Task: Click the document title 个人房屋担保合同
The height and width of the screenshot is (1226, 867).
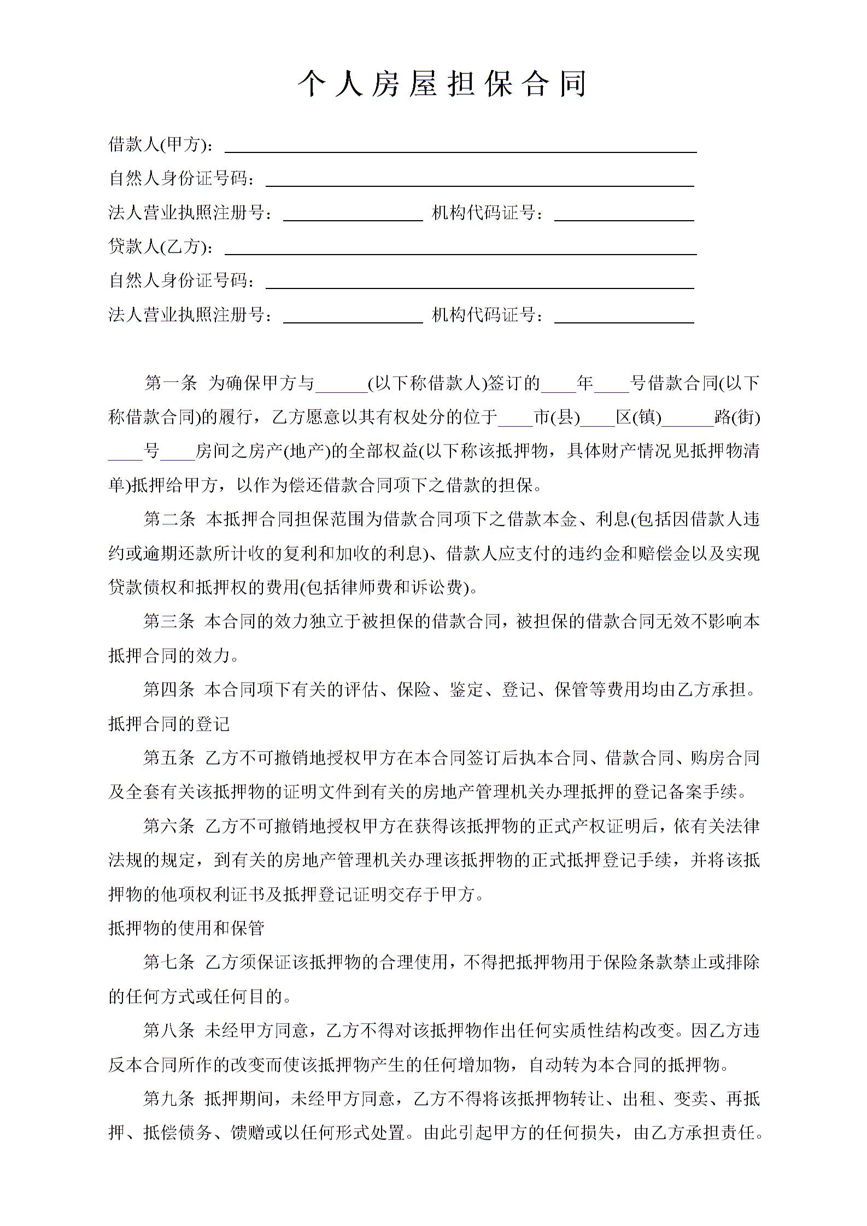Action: pyautogui.click(x=442, y=85)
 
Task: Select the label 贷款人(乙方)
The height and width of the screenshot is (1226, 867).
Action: pyautogui.click(x=161, y=247)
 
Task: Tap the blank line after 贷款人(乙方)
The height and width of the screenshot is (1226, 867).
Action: pyautogui.click(x=460, y=250)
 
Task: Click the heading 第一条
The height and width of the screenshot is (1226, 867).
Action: pyautogui.click(x=170, y=384)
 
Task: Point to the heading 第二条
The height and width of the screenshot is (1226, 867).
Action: pyautogui.click(x=169, y=519)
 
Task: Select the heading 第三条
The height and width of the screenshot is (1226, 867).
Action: pyautogui.click(x=169, y=621)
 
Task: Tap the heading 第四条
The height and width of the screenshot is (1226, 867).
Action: pyautogui.click(x=169, y=689)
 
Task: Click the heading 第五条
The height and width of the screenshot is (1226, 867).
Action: pyautogui.click(x=169, y=758)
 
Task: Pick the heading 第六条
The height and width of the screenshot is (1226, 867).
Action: pyautogui.click(x=169, y=826)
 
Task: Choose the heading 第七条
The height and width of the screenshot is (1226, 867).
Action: pyautogui.click(x=169, y=963)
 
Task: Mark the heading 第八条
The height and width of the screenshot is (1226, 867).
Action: pyautogui.click(x=169, y=1031)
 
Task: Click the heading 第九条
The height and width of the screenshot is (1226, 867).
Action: pyautogui.click(x=169, y=1099)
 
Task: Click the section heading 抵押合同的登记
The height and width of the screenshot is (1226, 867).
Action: pyautogui.click(x=169, y=724)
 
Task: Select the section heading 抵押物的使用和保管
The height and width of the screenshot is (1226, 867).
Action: pyautogui.click(x=186, y=928)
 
